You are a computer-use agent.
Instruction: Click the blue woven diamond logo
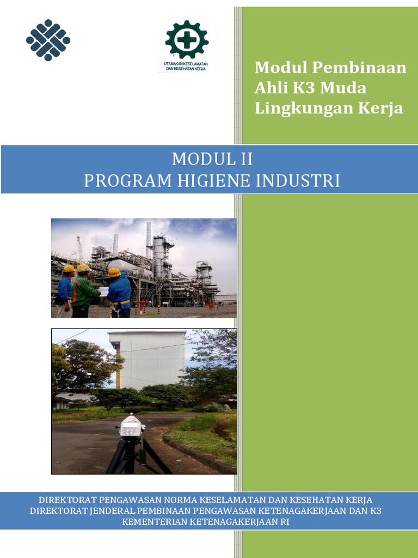coord(48,40)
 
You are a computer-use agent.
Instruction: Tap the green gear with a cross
coord(187,40)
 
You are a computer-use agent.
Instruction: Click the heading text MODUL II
coord(212,159)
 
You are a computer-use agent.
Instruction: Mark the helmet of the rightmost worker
coord(114,272)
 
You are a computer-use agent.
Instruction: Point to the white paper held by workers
coord(103,292)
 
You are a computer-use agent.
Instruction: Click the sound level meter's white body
coord(131,426)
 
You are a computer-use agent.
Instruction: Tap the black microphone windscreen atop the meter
coord(132,410)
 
